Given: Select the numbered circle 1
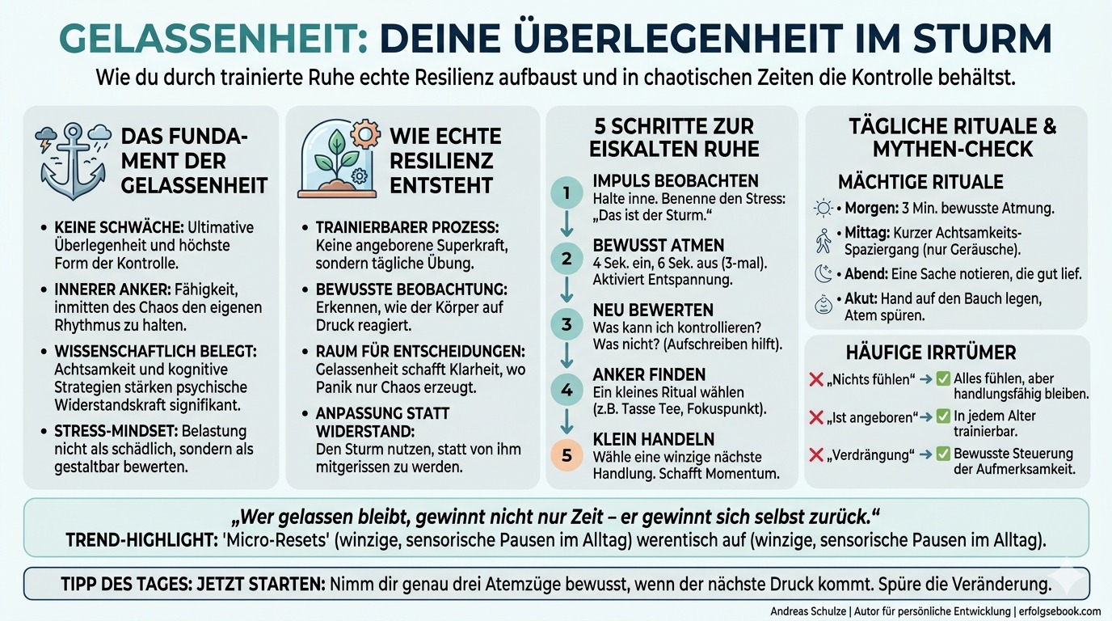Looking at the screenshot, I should [567, 193].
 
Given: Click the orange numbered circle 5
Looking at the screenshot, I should [567, 455].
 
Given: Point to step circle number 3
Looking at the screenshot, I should [567, 324].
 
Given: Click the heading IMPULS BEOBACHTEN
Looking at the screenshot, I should [675, 180].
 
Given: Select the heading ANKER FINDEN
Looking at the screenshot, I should [649, 374].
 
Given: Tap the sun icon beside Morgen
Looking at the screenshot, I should [823, 208].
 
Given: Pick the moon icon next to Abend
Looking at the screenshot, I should [823, 274].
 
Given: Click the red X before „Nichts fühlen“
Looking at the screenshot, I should [816, 378].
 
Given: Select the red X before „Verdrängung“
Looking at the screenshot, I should [816, 454].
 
